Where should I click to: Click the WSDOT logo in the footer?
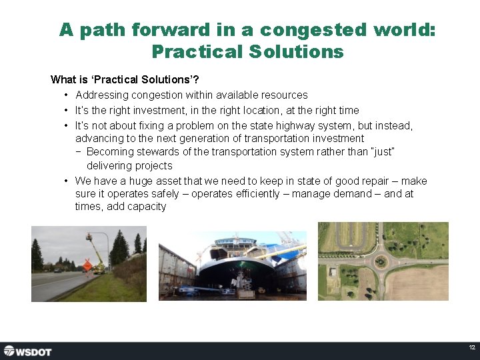coord(27,351)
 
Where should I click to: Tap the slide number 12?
coord(471,348)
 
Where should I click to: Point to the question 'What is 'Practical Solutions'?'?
coord(125,79)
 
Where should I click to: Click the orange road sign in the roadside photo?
coord(87,265)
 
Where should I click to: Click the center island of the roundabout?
coord(381,261)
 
